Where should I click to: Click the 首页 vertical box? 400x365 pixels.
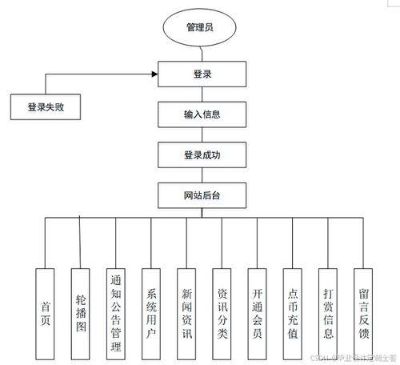pos(46,313)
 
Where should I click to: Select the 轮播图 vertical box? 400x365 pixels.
pos(81,313)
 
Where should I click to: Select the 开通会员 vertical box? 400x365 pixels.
pos(258,313)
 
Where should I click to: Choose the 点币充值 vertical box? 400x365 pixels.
pos(293,313)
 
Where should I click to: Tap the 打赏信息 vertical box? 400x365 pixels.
pos(328,313)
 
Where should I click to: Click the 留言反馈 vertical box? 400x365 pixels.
pos(363,313)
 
